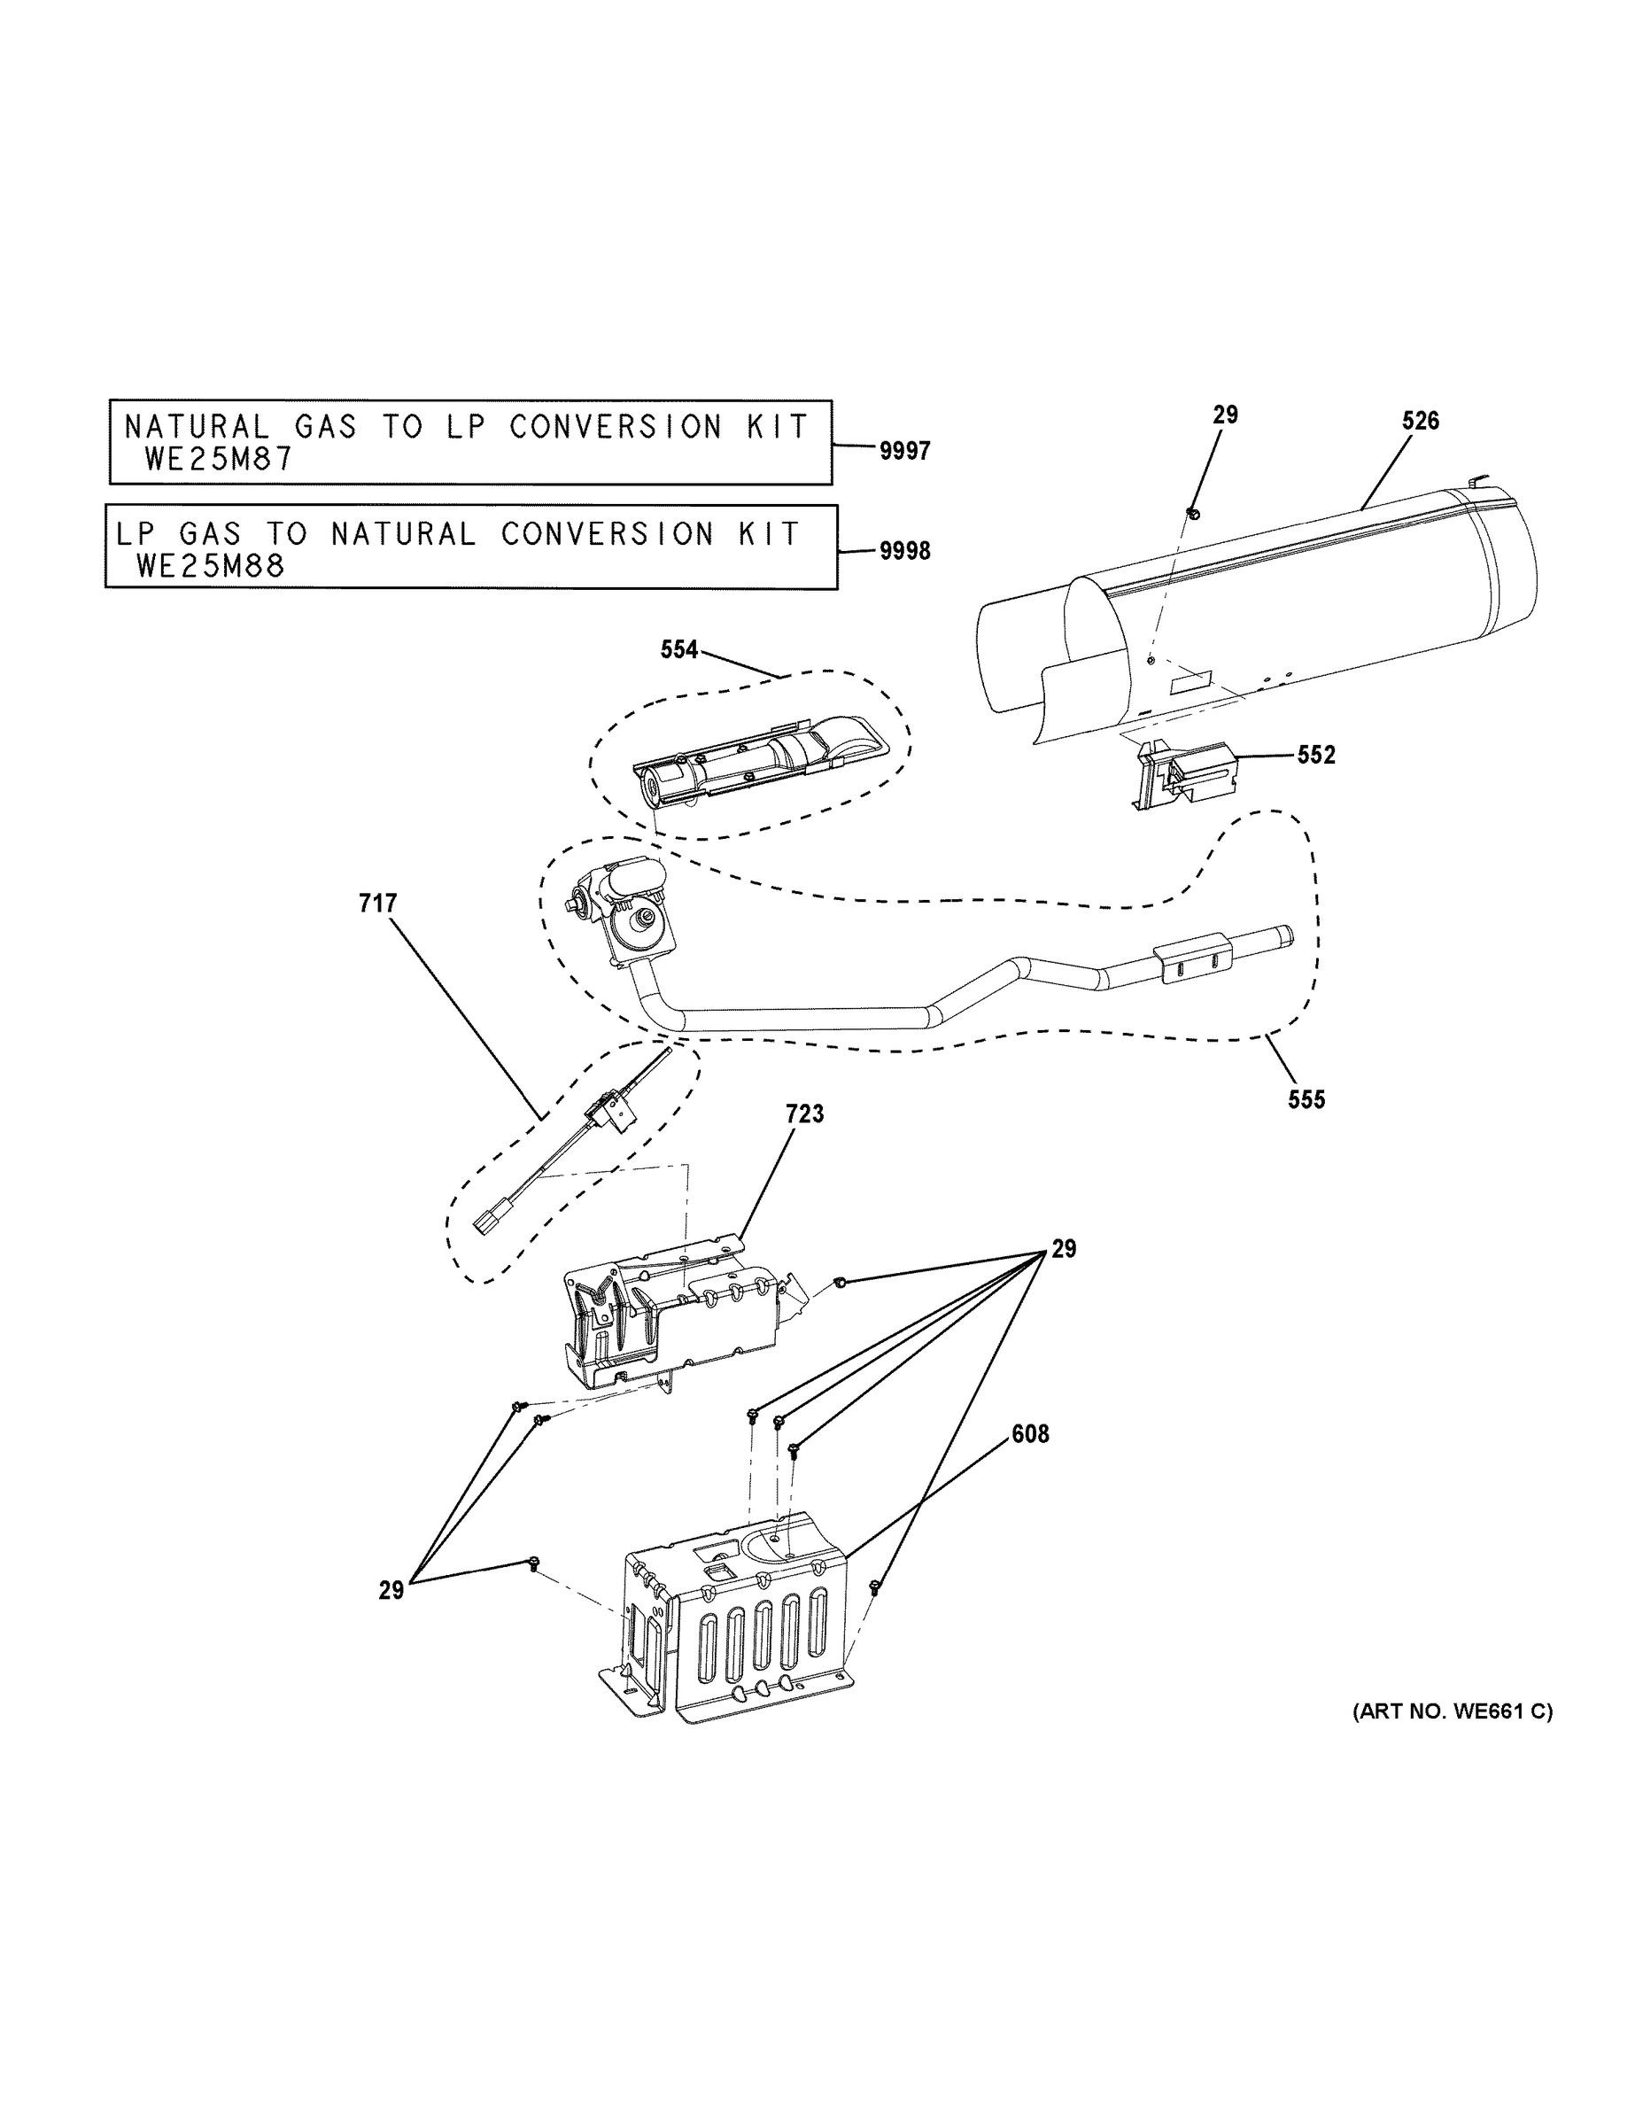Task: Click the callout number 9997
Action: pyautogui.click(x=904, y=451)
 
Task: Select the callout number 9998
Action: pyautogui.click(x=904, y=551)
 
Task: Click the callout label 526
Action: pyautogui.click(x=1420, y=421)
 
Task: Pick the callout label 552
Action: pyautogui.click(x=1316, y=755)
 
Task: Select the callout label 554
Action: pyautogui.click(x=678, y=649)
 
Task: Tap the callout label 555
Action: pyautogui.click(x=1306, y=1099)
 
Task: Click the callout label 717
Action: pyautogui.click(x=377, y=904)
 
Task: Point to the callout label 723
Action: pyautogui.click(x=804, y=1113)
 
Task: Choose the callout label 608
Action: pyautogui.click(x=1030, y=1434)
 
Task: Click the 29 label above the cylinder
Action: pyautogui.click(x=1224, y=415)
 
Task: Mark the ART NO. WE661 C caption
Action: pyautogui.click(x=1453, y=1711)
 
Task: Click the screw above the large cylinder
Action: pyautogui.click(x=1193, y=513)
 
